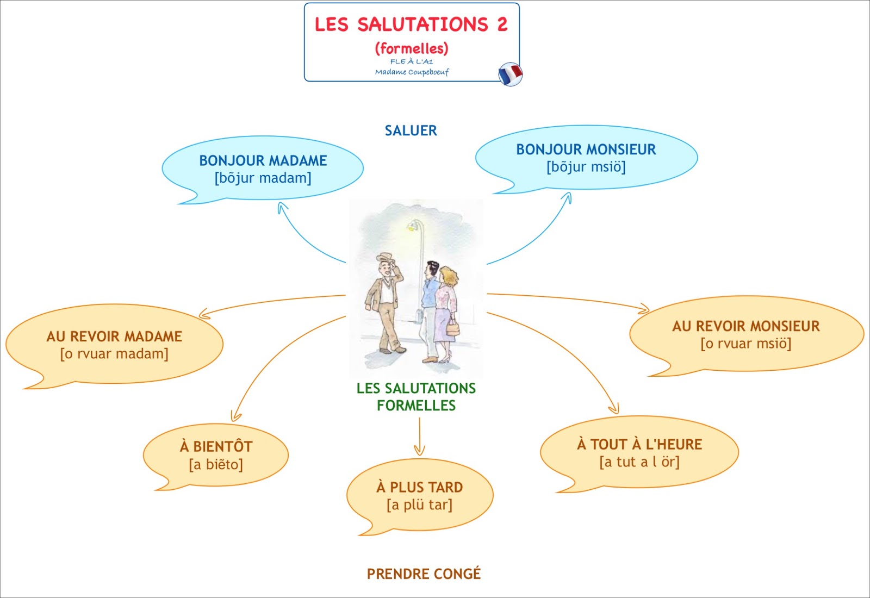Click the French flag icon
coord(510,74)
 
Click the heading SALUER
coord(411,130)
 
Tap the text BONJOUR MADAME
coord(263,160)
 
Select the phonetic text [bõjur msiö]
coord(586,167)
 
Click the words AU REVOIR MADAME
coord(114,337)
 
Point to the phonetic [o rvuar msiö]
coord(745,344)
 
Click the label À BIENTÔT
coord(216,447)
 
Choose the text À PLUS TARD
coord(419,487)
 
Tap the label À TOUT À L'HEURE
coord(639,445)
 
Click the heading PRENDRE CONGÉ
coord(424,574)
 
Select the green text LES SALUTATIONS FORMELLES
coord(416,396)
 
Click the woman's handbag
coord(452,328)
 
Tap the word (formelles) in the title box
coord(412,48)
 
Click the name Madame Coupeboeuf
coord(412,72)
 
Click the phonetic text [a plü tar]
coord(419,505)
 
